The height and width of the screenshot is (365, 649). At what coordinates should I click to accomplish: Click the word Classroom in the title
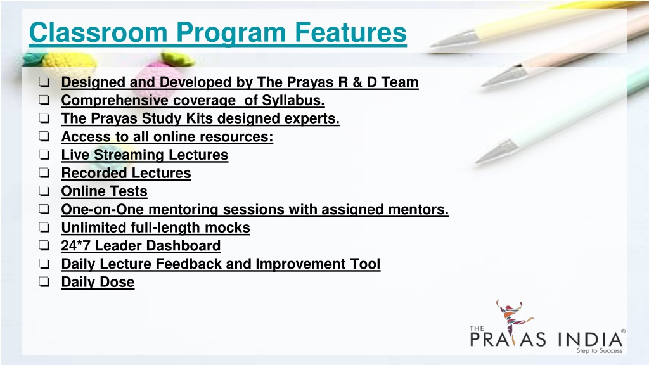[x=98, y=32]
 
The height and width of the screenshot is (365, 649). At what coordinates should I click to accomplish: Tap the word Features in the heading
[x=350, y=32]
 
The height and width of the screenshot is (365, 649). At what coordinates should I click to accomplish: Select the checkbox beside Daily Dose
[x=44, y=282]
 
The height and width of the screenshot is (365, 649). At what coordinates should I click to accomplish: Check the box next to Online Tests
[x=44, y=191]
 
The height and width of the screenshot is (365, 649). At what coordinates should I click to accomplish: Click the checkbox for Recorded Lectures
[x=44, y=172]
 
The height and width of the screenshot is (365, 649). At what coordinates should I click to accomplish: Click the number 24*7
[x=76, y=245]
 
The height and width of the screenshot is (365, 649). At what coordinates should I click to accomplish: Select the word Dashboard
[x=183, y=245]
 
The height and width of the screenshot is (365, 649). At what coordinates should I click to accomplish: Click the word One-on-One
[x=103, y=209]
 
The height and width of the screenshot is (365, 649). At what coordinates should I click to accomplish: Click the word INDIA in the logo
[x=590, y=340]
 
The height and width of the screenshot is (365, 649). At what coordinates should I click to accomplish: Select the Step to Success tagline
[x=600, y=350]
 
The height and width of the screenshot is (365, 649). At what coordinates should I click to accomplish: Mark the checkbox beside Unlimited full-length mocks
[x=44, y=227]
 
